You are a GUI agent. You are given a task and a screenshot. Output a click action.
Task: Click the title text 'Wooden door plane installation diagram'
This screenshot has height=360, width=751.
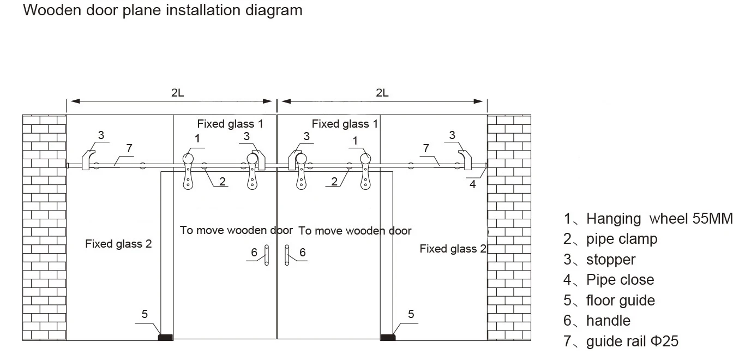point(163,10)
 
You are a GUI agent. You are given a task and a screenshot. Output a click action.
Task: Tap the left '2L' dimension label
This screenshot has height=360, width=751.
point(177,93)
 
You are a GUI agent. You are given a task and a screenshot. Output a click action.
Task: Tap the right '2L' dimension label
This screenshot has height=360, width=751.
point(382,93)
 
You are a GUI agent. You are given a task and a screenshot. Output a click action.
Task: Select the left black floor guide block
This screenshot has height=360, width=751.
point(165,337)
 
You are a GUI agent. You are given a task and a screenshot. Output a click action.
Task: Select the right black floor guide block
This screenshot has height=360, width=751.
point(388,337)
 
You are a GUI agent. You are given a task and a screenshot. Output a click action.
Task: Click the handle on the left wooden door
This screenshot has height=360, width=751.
point(267,255)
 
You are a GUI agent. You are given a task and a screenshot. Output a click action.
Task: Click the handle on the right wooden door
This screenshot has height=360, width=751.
point(286,255)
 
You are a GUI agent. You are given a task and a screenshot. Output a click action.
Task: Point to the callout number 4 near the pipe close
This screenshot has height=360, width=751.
point(473,184)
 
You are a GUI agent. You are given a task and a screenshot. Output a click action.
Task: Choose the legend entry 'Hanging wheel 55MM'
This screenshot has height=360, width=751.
point(648,219)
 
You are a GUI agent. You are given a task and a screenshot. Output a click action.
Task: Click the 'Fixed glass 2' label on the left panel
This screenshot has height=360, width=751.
point(118,244)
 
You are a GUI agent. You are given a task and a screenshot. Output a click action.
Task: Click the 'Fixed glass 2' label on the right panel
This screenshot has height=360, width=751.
point(453,249)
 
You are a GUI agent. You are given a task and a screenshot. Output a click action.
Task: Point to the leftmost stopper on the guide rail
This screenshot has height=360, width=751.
point(87,160)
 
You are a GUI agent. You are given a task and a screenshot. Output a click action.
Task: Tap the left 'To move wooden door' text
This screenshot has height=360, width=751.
point(236,230)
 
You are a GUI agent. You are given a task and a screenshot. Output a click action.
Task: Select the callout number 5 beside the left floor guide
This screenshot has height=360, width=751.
point(145,314)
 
